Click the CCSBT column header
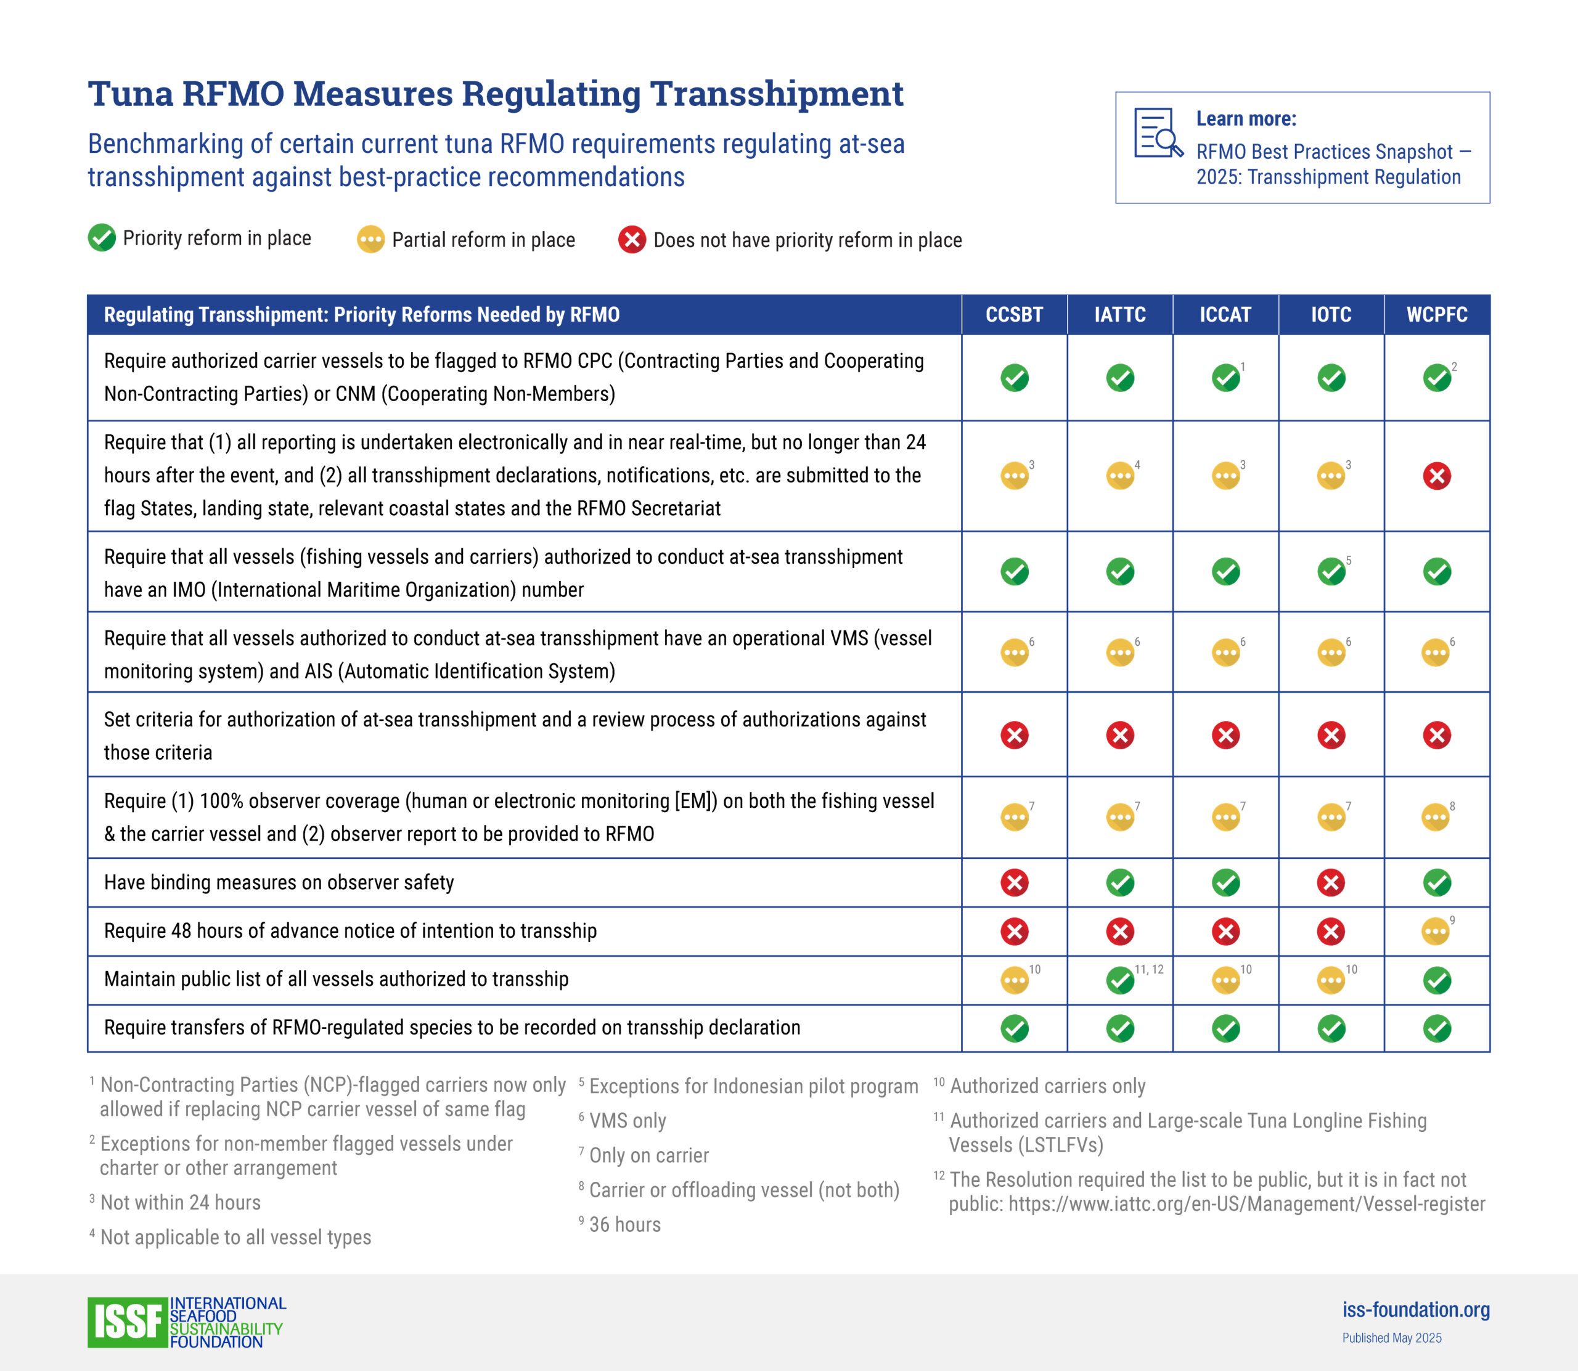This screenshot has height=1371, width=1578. point(1014,314)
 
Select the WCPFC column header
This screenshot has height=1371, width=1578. point(1436,314)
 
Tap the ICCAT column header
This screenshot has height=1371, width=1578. point(1225,314)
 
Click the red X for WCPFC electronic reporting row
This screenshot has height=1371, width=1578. point(1436,476)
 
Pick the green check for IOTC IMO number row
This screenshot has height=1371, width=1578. point(1331,571)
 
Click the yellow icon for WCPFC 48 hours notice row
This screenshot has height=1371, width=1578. point(1435,932)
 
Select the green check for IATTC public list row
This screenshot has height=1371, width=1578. point(1119,980)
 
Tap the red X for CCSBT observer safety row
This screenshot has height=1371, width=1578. point(1014,883)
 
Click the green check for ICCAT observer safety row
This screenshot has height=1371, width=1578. point(1225,883)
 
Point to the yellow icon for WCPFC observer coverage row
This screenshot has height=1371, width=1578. point(1435,818)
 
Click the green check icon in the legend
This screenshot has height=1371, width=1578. point(102,238)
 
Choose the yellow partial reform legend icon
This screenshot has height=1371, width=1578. point(370,240)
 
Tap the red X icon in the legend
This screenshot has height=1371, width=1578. point(632,240)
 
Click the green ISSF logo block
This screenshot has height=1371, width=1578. point(127,1322)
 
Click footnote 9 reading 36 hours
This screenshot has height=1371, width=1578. point(624,1224)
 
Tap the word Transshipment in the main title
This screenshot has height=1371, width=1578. point(777,93)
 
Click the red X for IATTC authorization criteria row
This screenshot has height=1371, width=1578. point(1119,735)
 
